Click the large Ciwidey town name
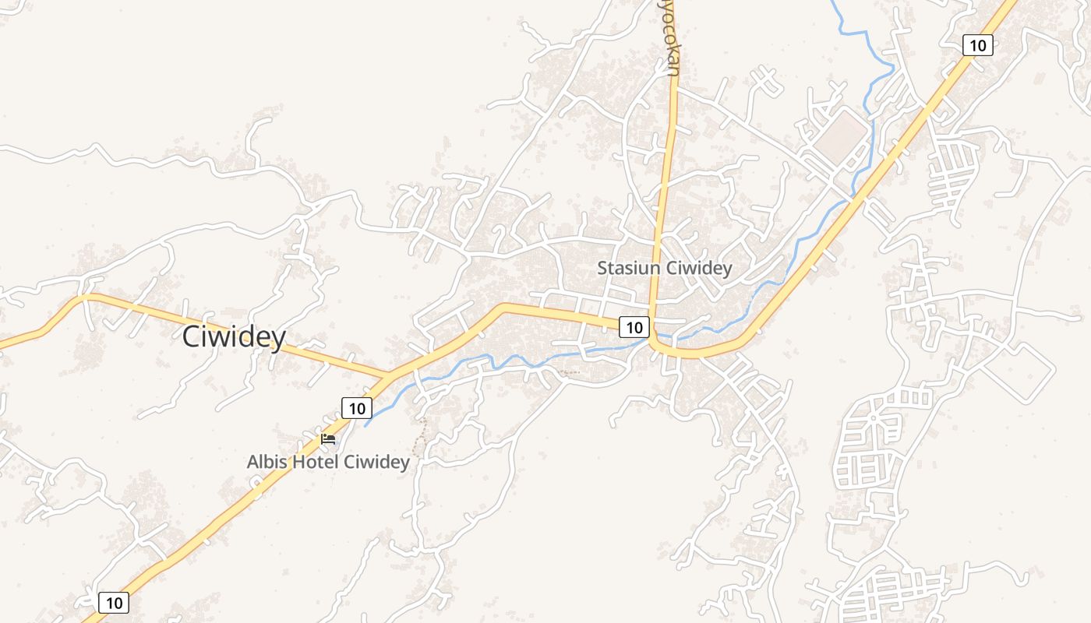(234, 337)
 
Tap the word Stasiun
(627, 269)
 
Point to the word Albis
(267, 462)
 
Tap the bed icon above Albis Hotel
(328, 439)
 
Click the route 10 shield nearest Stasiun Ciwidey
(634, 327)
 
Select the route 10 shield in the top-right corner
(977, 45)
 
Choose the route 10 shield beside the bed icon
(356, 407)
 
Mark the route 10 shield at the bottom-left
(114, 602)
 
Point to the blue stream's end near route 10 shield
(365, 425)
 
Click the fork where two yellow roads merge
(387, 378)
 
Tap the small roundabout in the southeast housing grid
(873, 417)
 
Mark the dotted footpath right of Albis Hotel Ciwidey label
(422, 436)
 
